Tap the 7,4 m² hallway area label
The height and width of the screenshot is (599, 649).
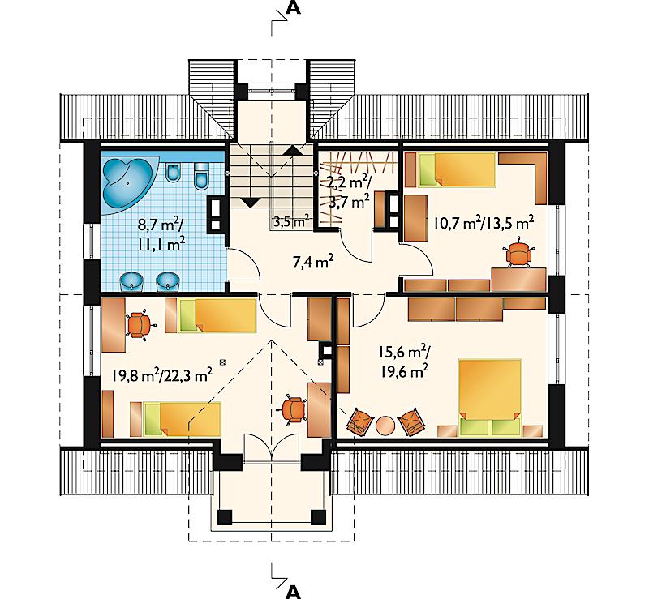[313, 262]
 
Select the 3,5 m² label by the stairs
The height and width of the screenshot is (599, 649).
[291, 221]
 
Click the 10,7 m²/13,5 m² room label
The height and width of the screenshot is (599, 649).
[484, 223]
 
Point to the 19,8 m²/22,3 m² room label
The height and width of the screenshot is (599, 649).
[162, 375]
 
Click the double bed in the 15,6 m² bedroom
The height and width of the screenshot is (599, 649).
[489, 397]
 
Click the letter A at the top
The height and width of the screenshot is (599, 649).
[293, 8]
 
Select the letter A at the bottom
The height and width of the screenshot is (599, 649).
[293, 592]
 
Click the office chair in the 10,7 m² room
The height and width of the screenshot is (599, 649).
[518, 253]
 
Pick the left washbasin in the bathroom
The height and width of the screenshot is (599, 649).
[131, 282]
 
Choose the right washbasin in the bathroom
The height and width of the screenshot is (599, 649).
[167, 282]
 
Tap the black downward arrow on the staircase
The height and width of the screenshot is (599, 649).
[250, 203]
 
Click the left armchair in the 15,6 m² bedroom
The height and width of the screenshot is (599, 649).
[359, 422]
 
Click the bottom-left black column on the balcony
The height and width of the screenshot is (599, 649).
[226, 516]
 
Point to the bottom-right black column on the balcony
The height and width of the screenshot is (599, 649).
[319, 516]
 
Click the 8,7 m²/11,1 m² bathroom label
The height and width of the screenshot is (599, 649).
[161, 235]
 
